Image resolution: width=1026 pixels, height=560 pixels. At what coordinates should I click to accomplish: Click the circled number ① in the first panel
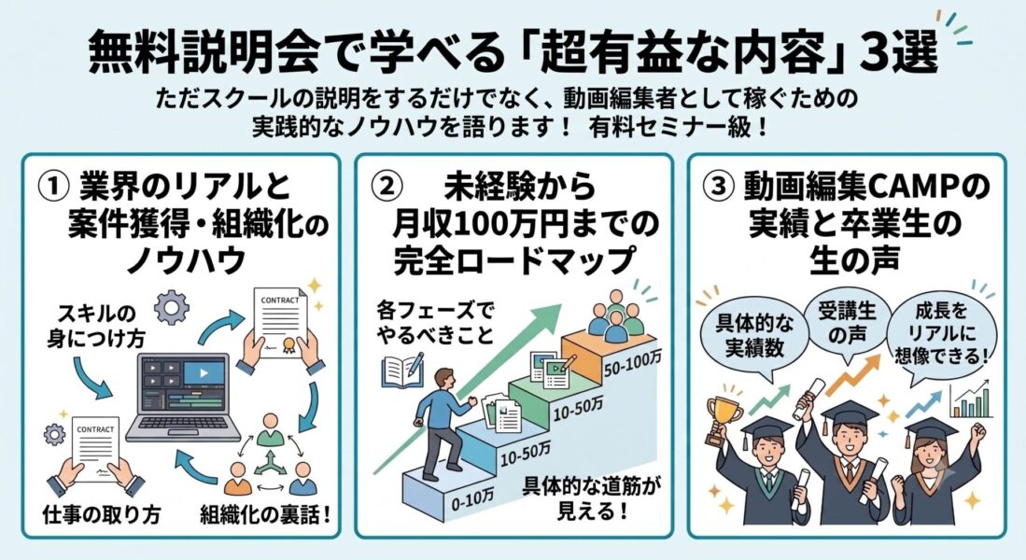click(53, 187)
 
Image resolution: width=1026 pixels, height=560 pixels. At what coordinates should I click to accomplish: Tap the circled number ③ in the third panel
click(718, 187)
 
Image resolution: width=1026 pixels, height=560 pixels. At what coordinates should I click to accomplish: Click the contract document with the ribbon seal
click(280, 323)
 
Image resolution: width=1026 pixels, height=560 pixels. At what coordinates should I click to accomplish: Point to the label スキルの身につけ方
click(95, 325)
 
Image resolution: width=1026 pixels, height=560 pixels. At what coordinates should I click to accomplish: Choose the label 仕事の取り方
click(102, 514)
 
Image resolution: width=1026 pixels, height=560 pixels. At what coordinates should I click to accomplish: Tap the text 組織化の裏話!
click(265, 514)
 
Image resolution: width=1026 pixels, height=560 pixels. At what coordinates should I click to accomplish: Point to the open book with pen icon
click(401, 370)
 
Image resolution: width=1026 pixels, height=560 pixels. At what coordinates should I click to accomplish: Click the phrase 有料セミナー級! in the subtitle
click(678, 126)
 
